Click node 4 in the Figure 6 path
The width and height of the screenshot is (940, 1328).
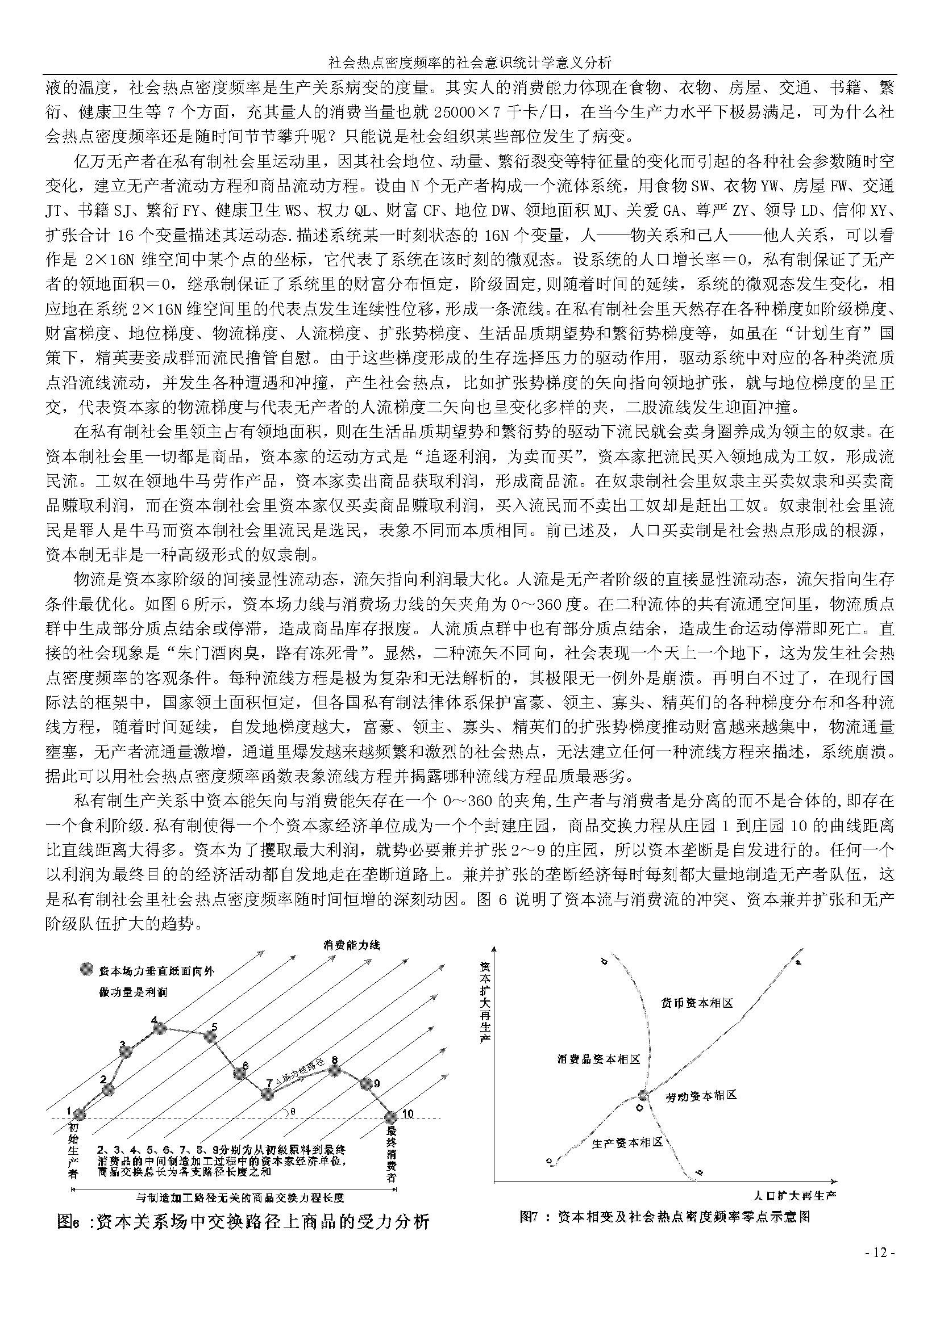[159, 1028]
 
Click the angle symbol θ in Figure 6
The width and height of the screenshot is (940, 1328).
[293, 1112]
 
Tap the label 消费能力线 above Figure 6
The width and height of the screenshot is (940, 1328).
[351, 945]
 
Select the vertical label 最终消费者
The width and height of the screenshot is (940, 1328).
[392, 1154]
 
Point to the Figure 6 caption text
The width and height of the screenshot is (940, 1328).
[244, 1222]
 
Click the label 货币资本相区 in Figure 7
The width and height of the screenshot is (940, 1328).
[697, 1002]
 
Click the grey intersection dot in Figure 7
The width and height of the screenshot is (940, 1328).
[643, 1094]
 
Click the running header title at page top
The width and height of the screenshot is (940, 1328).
[469, 62]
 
